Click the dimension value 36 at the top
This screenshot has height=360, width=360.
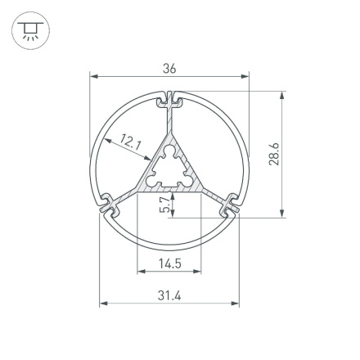[169, 69]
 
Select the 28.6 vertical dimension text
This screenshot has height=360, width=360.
[274, 155]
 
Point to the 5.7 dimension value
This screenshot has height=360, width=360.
[165, 205]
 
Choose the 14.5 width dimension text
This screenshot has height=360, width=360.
[169, 263]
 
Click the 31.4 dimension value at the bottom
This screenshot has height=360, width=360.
[169, 295]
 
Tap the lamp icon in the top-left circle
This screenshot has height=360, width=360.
[30, 30]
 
